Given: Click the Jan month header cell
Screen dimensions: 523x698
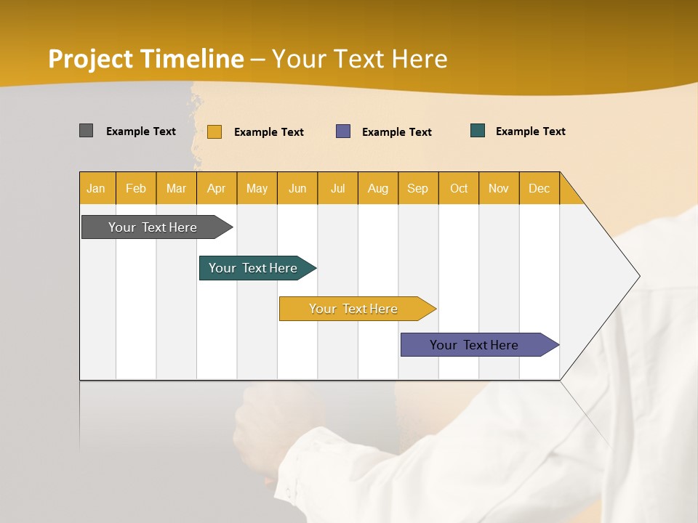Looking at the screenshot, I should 97,188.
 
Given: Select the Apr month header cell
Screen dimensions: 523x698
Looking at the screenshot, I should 217,188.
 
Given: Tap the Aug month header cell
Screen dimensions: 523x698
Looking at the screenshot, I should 378,188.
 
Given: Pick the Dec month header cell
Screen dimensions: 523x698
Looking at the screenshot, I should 539,188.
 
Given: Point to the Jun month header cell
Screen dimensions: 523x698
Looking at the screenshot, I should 297,188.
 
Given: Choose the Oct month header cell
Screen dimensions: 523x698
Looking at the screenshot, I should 459,188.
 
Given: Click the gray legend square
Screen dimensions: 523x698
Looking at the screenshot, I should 86,131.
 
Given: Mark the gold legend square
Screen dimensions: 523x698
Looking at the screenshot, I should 214,131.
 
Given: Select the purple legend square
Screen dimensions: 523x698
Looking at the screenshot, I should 343,131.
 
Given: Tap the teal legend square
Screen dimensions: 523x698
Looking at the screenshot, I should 478,131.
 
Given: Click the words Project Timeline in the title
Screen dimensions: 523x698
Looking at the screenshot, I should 145,59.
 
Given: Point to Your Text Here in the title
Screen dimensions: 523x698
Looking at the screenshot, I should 360,59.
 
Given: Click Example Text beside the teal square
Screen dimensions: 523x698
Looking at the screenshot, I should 530,131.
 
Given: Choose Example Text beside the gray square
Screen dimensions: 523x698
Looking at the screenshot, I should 141,131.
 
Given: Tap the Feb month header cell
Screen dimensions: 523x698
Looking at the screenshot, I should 136,188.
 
